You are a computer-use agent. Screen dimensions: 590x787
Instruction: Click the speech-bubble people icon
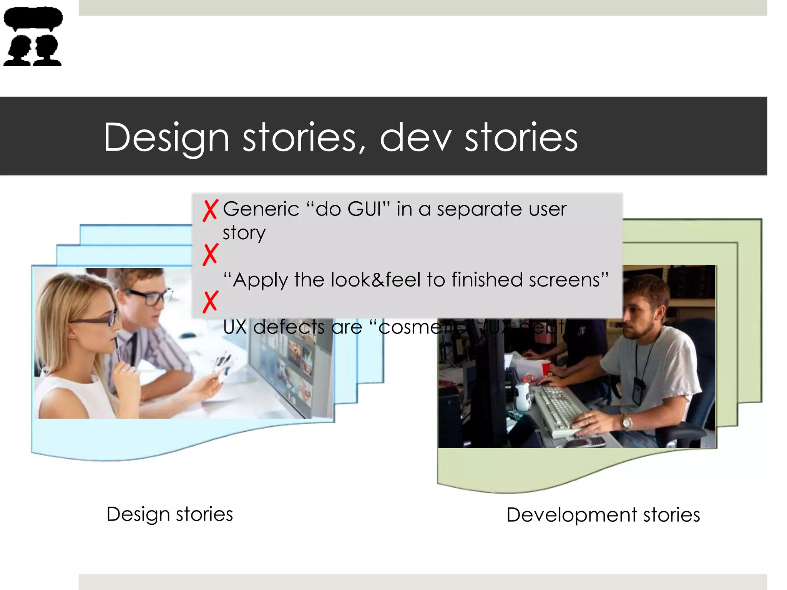[x=33, y=36]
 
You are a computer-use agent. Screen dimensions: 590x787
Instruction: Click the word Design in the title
[x=166, y=138]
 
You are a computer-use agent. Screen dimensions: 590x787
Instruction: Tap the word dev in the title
[x=415, y=138]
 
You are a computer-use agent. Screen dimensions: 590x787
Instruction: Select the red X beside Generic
[x=210, y=210]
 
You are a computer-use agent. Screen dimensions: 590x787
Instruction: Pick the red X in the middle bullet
[x=210, y=255]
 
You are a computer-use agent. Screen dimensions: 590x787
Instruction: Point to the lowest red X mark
[x=210, y=302]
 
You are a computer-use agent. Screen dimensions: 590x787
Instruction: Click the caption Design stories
[x=169, y=514]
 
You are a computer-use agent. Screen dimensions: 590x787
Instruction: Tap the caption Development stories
[x=603, y=515]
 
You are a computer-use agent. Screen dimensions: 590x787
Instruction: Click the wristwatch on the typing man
[x=627, y=423]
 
